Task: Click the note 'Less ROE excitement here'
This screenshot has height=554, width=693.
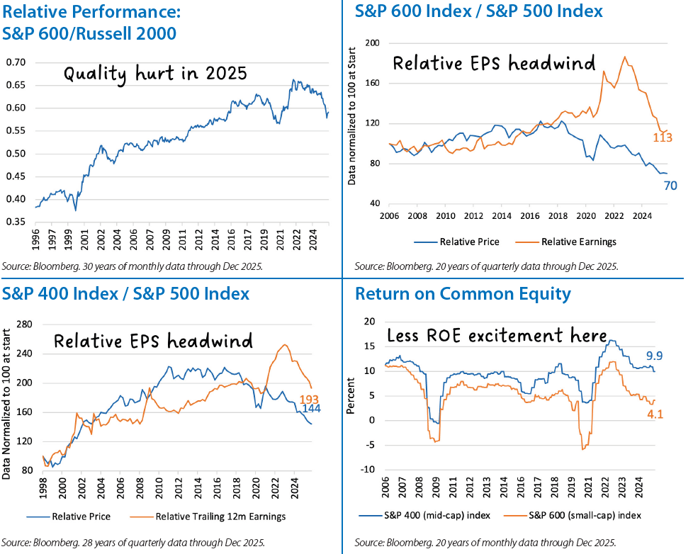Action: coord(496,336)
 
